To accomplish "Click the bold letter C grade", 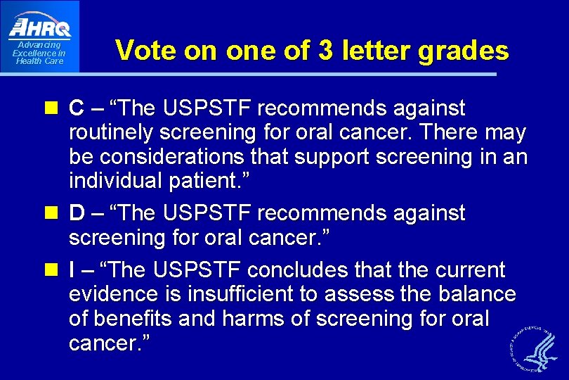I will click(77, 108).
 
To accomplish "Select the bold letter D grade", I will click(77, 212).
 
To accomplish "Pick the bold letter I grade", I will click(72, 270).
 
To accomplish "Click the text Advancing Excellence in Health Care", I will click(39, 53).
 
